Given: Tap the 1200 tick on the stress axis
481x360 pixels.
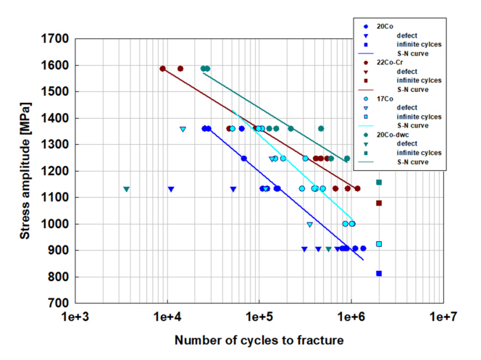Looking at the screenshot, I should point(54,172).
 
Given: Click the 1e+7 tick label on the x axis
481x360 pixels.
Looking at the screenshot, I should point(443,317).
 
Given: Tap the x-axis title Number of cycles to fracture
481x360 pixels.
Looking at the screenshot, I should point(259,339).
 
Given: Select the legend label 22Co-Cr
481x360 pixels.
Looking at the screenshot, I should point(388,62).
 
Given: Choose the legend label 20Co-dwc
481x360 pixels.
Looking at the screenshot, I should point(391,134).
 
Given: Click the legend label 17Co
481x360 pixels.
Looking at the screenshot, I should point(384,98).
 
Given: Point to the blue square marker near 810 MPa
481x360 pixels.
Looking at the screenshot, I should point(379,273).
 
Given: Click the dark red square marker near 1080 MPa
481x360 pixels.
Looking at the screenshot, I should point(379,203).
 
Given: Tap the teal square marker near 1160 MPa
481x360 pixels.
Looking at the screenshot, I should point(379,182).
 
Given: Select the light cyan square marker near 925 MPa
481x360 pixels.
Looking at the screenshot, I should point(379,244).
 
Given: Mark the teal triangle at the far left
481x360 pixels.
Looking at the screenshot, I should point(126,190).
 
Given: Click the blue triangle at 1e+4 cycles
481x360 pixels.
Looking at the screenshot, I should point(171,190).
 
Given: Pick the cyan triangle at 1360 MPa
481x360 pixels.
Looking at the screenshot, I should point(183,130).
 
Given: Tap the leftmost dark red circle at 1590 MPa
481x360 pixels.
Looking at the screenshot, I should point(163,69).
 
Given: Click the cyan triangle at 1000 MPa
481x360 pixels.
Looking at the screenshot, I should point(310,225).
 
